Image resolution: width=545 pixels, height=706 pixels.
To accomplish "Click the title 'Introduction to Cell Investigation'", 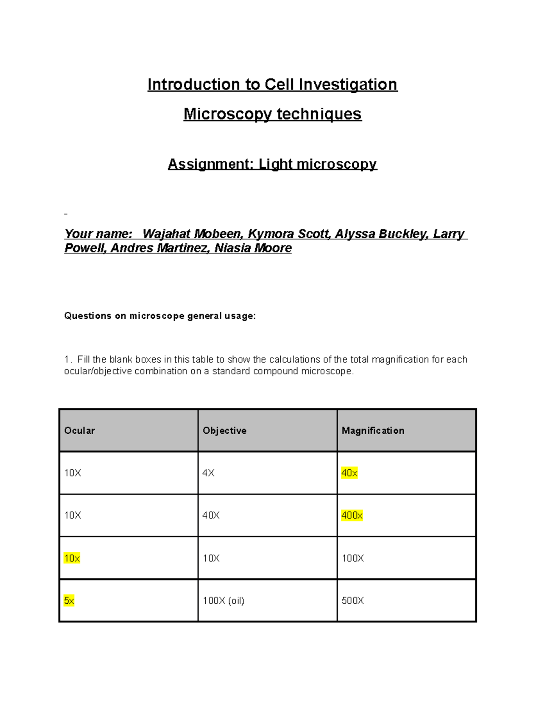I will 272,85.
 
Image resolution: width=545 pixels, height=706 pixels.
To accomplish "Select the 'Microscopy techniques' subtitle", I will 272,114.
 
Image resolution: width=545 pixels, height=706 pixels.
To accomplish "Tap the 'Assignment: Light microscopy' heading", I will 272,164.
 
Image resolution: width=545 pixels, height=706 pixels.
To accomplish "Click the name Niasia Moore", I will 253,248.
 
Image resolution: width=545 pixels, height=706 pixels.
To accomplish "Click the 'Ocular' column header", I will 79,431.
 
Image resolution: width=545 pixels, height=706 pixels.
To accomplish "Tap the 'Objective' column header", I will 224,431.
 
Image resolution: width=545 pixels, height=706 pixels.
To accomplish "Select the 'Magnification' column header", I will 373,431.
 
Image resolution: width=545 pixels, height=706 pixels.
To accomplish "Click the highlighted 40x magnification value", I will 349,473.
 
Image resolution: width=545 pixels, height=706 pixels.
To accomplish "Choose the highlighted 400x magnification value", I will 352,516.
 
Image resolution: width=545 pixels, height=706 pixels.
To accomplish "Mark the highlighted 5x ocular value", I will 69,601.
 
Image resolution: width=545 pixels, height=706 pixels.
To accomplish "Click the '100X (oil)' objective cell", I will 223,601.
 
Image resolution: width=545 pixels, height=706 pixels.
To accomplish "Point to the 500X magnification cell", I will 353,601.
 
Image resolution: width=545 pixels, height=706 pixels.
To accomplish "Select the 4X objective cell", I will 208,473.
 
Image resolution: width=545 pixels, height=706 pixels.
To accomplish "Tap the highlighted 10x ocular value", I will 72,558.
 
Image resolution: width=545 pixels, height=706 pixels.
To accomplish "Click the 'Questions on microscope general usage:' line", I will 160,316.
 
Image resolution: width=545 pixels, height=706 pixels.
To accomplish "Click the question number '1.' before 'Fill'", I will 68,360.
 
